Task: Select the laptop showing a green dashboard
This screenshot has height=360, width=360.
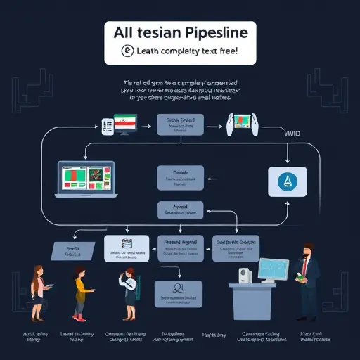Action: [x=86, y=180]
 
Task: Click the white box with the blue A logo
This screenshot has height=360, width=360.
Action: [x=287, y=182]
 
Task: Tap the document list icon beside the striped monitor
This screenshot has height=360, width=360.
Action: [x=107, y=127]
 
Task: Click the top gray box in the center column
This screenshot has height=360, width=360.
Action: [x=180, y=125]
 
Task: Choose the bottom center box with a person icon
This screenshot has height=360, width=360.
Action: [x=179, y=292]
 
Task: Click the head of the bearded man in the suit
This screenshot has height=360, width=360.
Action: [x=307, y=252]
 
